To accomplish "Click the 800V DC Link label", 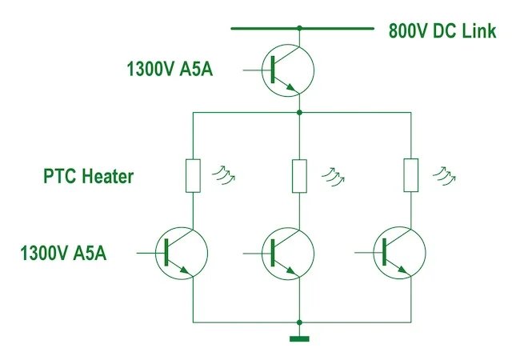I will pos(442,31).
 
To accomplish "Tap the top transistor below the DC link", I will pos(289,70).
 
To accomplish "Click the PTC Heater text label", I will pos(88,177).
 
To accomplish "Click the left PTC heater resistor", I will pos(193,176).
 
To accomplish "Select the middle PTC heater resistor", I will pos(299,176).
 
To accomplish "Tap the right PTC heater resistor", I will pos(410,176).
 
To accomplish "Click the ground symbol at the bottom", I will pos(299,338).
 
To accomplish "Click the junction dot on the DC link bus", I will pos(299,28).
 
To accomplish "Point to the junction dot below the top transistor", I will pos(299,113).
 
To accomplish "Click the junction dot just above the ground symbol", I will pos(299,322).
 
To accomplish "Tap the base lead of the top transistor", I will pos(255,70).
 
